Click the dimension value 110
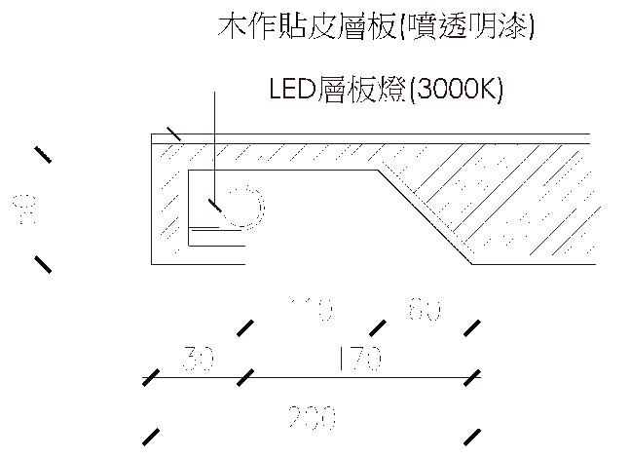pyautogui.click(x=312, y=311)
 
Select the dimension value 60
pyautogui.click(x=425, y=311)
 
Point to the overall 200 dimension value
pyautogui.click(x=312, y=418)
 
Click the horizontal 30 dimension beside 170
pyautogui.click(x=199, y=360)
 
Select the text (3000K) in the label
pyautogui.click(x=457, y=90)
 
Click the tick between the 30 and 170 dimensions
pyautogui.click(x=245, y=375)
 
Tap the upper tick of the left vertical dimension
pyautogui.click(x=43, y=154)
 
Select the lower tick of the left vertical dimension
pyautogui.click(x=43, y=263)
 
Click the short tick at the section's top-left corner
pyautogui.click(x=173, y=134)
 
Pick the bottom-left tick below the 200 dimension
pyautogui.click(x=151, y=435)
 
